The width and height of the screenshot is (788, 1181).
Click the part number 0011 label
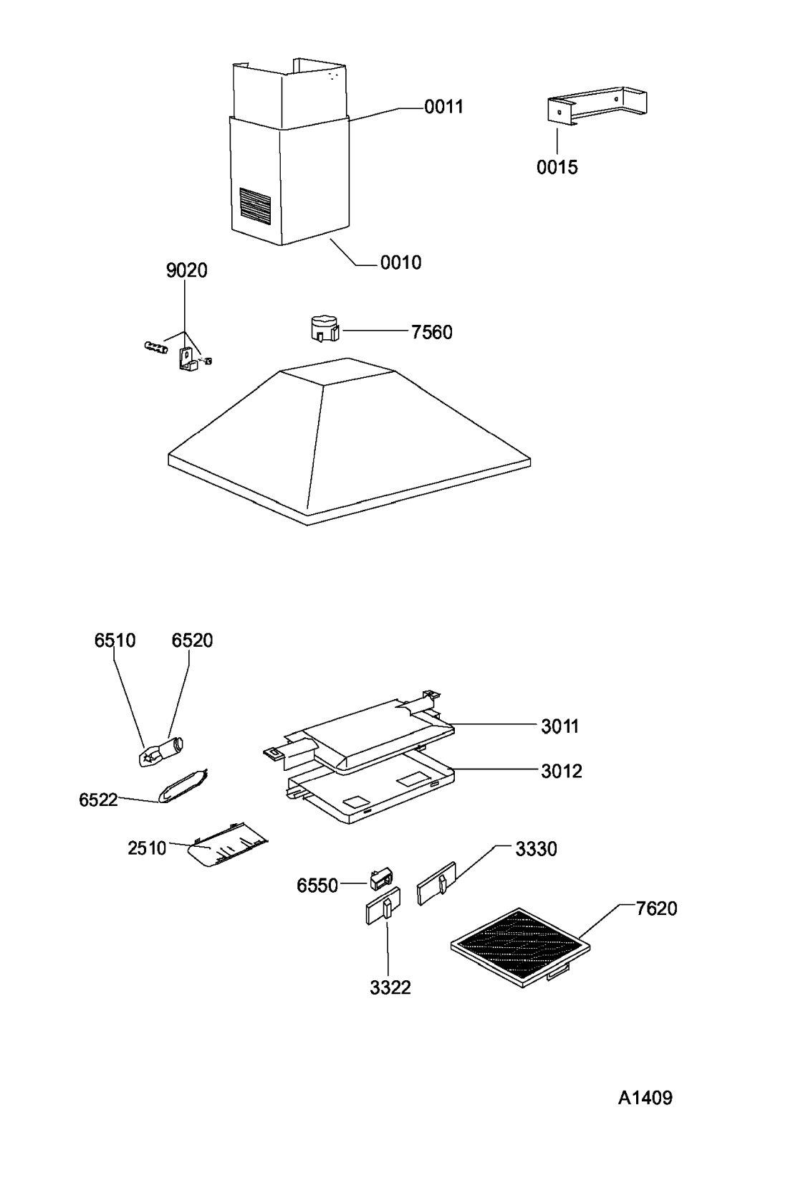(x=443, y=107)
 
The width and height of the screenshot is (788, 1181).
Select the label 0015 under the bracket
(x=557, y=168)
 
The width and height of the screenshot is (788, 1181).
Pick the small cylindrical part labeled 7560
(x=323, y=329)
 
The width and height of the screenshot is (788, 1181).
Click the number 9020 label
(x=186, y=270)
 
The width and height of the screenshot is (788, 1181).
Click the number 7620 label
(x=656, y=909)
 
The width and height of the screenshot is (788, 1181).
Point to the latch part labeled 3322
(x=383, y=905)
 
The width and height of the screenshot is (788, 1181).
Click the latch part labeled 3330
(x=437, y=883)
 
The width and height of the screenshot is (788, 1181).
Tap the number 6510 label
(x=115, y=640)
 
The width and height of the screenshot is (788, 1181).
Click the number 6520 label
(x=192, y=640)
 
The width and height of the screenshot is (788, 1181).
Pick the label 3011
(x=560, y=726)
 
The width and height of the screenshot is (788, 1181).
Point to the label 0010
(x=401, y=262)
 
